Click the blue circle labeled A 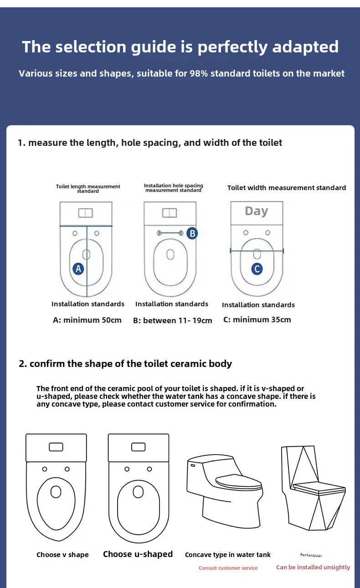tap(78, 269)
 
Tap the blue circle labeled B tap(192, 233)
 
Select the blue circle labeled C tap(257, 269)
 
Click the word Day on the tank tap(257, 211)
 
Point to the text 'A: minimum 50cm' tap(87, 320)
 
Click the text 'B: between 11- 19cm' tap(173, 320)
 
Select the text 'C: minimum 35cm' tap(257, 320)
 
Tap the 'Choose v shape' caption tap(62, 555)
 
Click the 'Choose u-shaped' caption tap(138, 554)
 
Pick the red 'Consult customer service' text tap(228, 568)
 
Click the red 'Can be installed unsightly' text tap(313, 567)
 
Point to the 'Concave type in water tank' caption tap(227, 555)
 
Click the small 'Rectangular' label tap(311, 555)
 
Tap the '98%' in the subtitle tap(199, 73)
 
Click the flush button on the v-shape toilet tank tap(56, 447)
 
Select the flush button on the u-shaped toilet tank tap(139, 447)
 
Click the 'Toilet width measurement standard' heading tap(287, 188)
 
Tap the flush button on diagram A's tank tap(86, 213)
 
